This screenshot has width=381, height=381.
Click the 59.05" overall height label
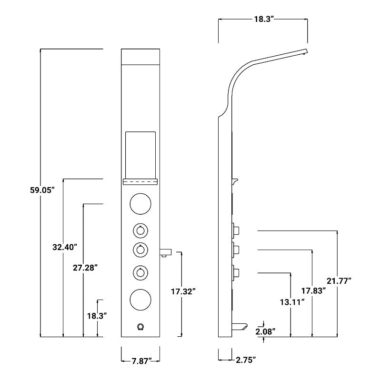pos(42,190)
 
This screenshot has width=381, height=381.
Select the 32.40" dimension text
pos(65,247)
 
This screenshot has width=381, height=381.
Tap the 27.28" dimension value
pos(86,268)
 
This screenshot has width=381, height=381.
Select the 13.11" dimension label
pos(292,301)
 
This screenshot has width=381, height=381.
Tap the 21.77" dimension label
pos(339,281)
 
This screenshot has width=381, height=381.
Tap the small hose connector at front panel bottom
pos(140,326)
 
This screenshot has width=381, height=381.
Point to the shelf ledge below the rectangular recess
pos(140,181)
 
